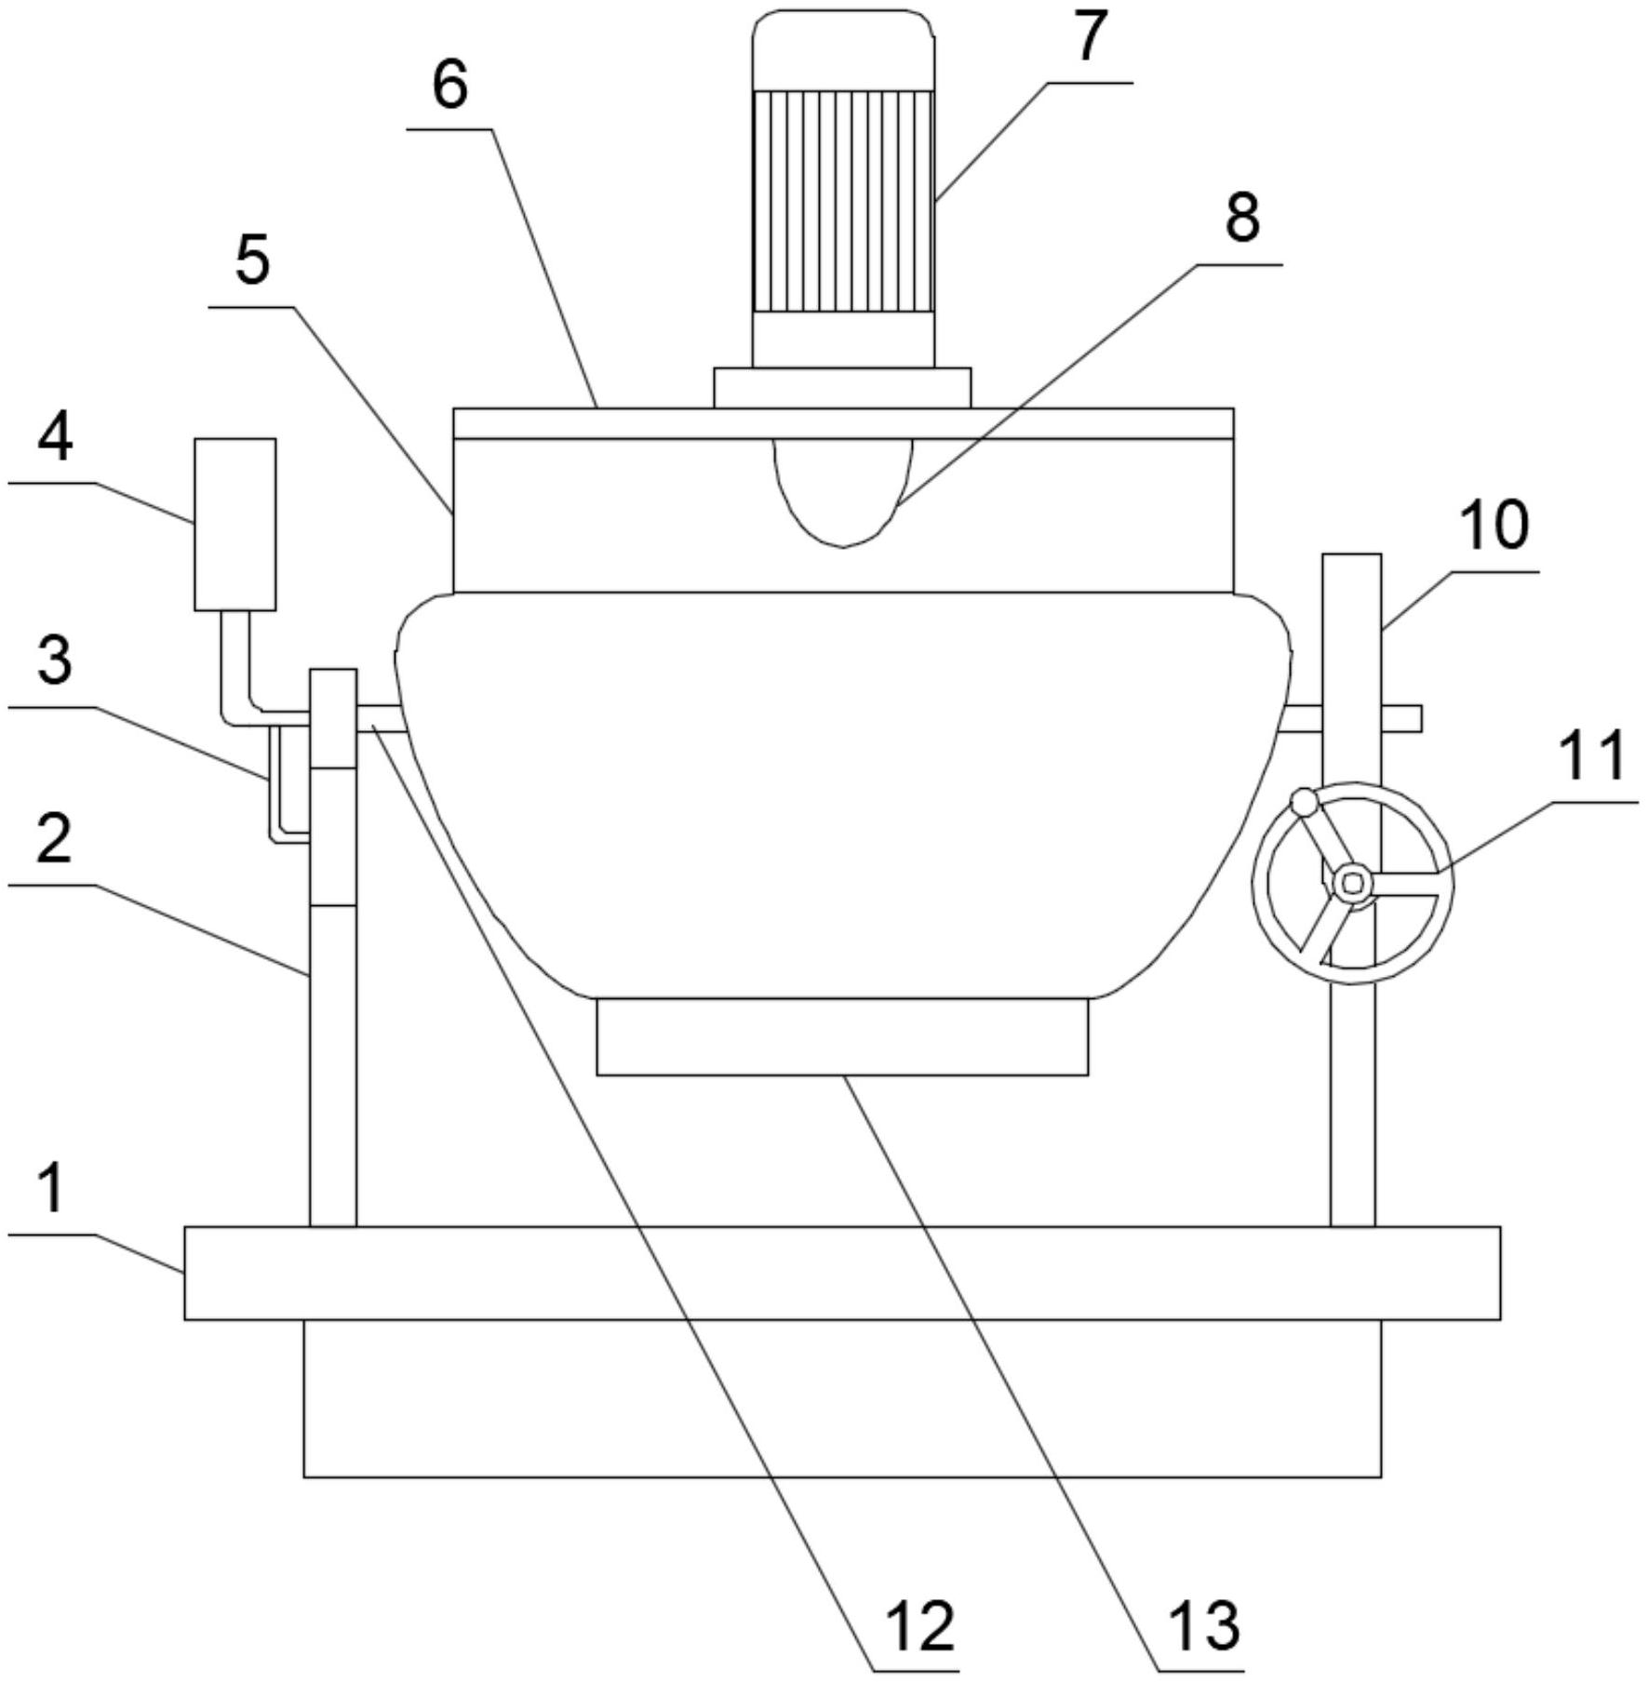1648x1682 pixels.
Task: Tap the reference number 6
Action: pyautogui.click(x=449, y=86)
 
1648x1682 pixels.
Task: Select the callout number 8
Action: pyautogui.click(x=1241, y=218)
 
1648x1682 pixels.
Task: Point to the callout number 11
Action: pyautogui.click(x=1591, y=754)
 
